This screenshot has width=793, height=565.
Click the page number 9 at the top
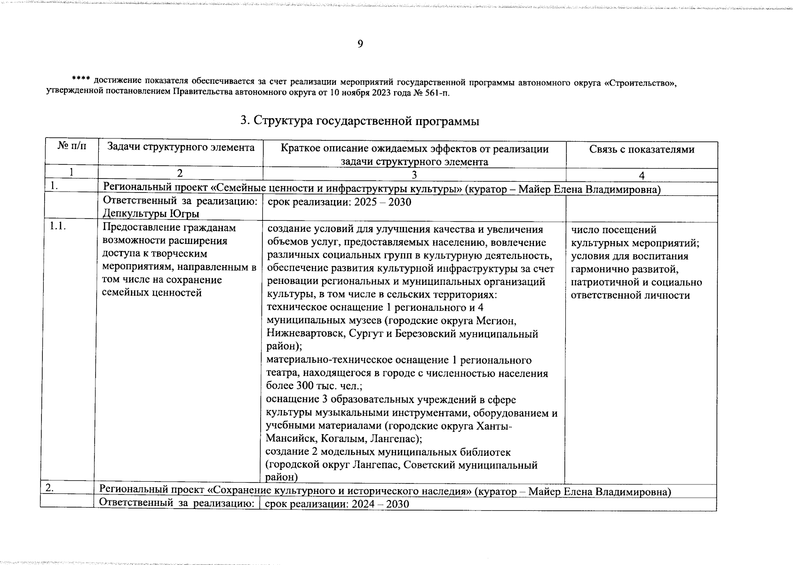coord(360,44)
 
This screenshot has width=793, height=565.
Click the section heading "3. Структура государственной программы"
coord(360,121)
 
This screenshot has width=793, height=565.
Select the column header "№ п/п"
coord(72,147)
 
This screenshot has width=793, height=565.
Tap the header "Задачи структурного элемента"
coord(181,147)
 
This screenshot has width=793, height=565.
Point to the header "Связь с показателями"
coord(642,149)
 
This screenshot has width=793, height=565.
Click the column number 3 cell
coord(414,175)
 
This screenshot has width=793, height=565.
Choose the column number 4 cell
coord(642,175)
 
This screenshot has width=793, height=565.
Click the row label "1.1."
coord(57,227)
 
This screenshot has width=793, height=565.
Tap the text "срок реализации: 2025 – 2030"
coord(339,202)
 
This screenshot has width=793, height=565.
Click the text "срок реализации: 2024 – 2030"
coord(337,504)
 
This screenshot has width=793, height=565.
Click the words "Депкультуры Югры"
coord(151,214)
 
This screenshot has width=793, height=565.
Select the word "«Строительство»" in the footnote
coord(641,83)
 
